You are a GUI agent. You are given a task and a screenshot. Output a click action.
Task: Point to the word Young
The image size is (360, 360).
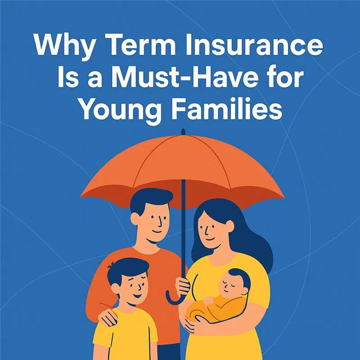pyautogui.click(x=121, y=111)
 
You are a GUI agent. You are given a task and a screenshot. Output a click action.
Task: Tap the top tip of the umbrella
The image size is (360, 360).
pyautogui.click(x=183, y=131)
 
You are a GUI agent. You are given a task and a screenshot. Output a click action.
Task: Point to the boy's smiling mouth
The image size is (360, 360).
pyautogui.click(x=138, y=295)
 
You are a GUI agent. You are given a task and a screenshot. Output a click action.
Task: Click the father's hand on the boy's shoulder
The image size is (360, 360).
pyautogui.click(x=108, y=316)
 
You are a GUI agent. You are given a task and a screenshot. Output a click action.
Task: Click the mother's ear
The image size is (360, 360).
pyautogui.click(x=229, y=226)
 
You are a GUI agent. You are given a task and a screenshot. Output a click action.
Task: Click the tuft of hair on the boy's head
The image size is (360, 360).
pyautogui.click(x=111, y=266)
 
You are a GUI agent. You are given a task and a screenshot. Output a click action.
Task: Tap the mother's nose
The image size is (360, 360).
pyautogui.click(x=207, y=231)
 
